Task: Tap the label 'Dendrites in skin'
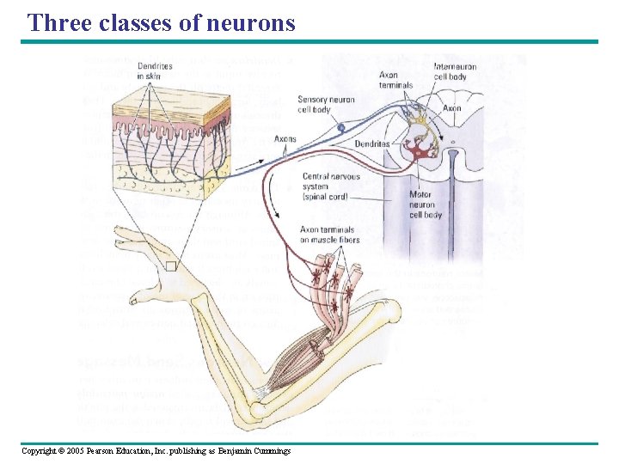coord(155,70)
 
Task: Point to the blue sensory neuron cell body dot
coord(340,127)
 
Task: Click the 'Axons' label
coord(285,138)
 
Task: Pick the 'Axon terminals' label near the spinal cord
coord(395,79)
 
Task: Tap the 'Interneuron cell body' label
coord(450,71)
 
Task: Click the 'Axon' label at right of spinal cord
coord(451,108)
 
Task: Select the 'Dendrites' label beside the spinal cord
coord(372,143)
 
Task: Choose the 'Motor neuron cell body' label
coord(426,205)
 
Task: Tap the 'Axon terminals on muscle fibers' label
coord(329,235)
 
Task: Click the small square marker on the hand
coord(170,266)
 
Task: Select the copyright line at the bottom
coord(156,451)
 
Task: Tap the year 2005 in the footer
coord(67,451)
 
